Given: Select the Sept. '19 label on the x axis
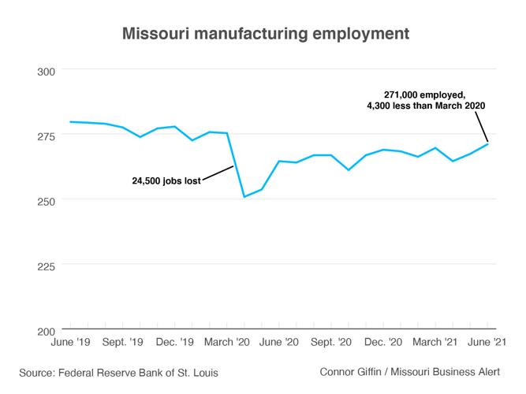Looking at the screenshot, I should [x=122, y=343].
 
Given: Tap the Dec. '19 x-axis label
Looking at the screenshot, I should [x=175, y=343].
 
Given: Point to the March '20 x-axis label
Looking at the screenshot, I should [x=226, y=343].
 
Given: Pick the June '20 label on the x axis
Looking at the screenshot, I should [x=279, y=343].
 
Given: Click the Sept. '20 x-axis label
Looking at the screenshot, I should [x=332, y=343].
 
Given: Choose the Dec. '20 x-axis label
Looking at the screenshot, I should [x=385, y=343].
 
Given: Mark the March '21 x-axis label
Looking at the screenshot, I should [x=436, y=343].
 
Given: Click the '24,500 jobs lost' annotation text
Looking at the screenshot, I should [x=166, y=180].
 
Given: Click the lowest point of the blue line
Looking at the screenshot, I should [x=244, y=197].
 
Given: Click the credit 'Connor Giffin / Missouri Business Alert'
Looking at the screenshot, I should [x=409, y=371].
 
